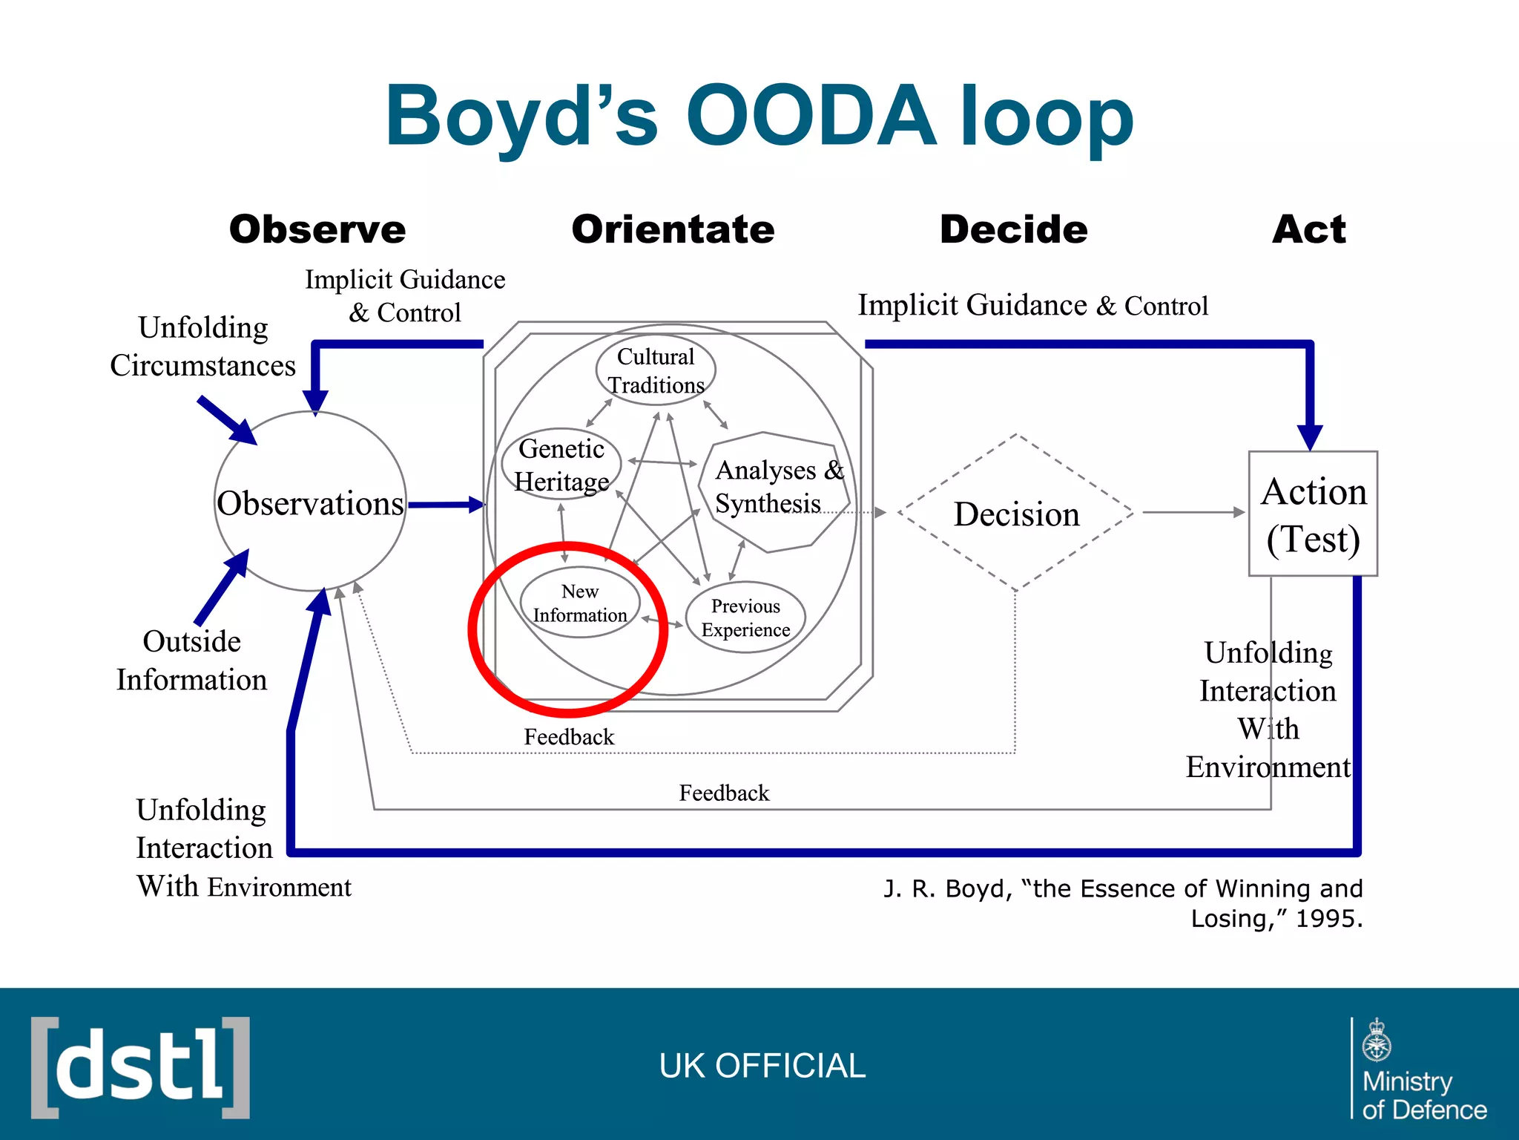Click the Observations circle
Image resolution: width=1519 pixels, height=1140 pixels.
pyautogui.click(x=310, y=502)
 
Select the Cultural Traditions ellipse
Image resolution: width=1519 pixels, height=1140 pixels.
pyautogui.click(x=656, y=370)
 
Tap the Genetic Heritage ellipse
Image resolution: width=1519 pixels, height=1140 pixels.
pyautogui.click(x=561, y=465)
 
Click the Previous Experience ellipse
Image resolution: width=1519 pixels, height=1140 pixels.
pyautogui.click(x=745, y=617)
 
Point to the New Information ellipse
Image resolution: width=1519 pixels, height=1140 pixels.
pyautogui.click(x=580, y=603)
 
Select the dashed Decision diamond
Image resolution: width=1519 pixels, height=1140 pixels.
pyautogui.click(x=1016, y=514)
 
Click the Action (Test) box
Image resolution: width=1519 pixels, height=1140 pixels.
pyautogui.click(x=1313, y=514)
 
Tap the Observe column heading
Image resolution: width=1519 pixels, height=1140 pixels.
pyautogui.click(x=317, y=229)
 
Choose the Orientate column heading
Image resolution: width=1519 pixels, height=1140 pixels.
pyautogui.click(x=673, y=229)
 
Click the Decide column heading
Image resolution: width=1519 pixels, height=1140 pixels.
pyautogui.click(x=1013, y=229)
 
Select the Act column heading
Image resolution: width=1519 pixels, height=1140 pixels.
pyautogui.click(x=1309, y=229)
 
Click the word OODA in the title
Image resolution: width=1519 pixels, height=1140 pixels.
pyautogui.click(x=811, y=117)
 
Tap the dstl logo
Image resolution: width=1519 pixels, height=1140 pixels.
pyautogui.click(x=140, y=1067)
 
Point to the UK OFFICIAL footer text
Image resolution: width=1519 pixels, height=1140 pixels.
pyautogui.click(x=762, y=1066)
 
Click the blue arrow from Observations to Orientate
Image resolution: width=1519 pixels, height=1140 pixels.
pyautogui.click(x=445, y=505)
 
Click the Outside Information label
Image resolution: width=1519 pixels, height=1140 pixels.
pyautogui.click(x=191, y=661)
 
